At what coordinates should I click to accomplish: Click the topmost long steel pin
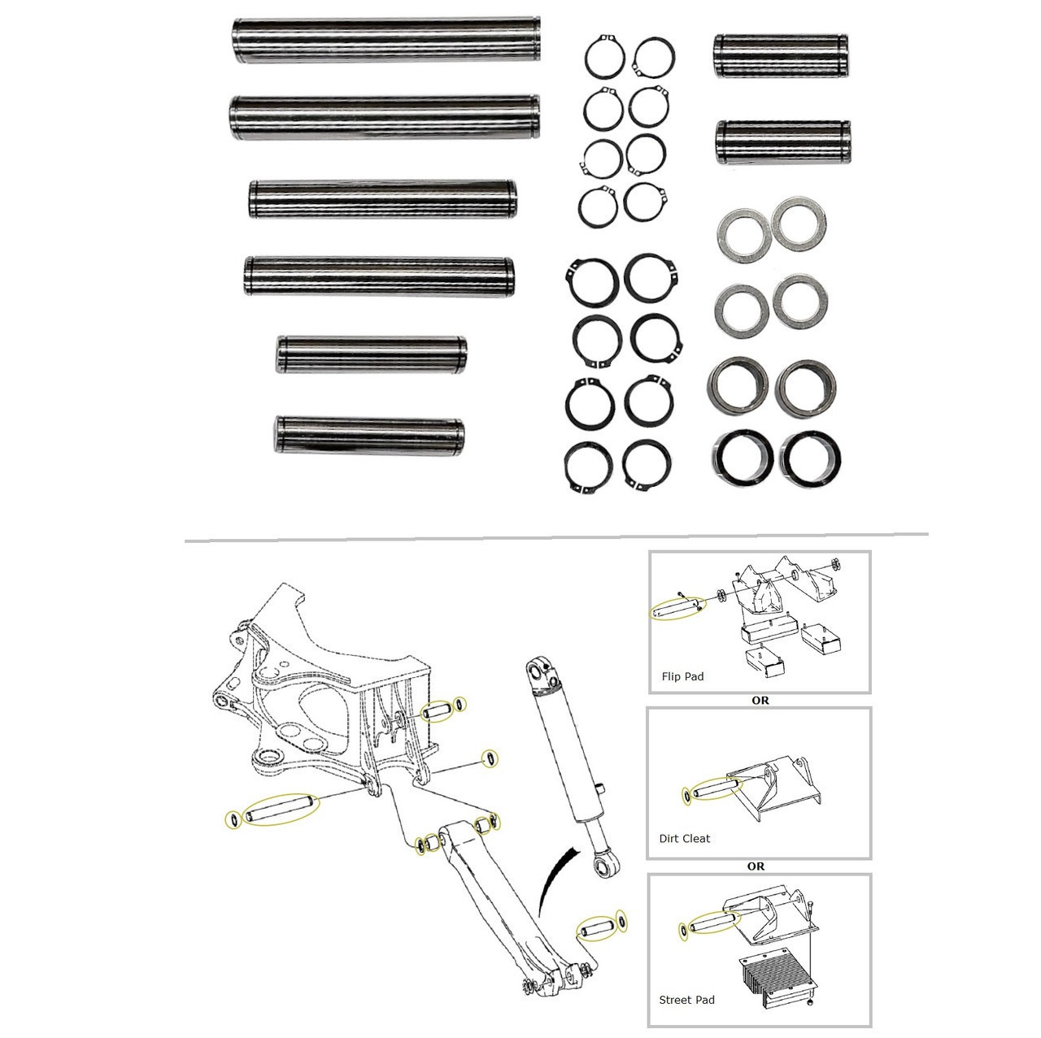[385, 40]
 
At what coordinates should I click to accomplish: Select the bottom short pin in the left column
[369, 436]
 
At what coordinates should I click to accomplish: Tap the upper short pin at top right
[781, 56]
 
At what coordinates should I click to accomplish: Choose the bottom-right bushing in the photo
[810, 457]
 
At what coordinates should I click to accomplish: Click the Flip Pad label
[682, 676]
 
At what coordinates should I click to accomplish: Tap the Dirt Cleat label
[684, 838]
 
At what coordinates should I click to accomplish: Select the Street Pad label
[686, 999]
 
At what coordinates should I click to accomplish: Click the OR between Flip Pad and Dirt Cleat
[760, 700]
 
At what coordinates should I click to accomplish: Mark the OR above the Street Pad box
[756, 866]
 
